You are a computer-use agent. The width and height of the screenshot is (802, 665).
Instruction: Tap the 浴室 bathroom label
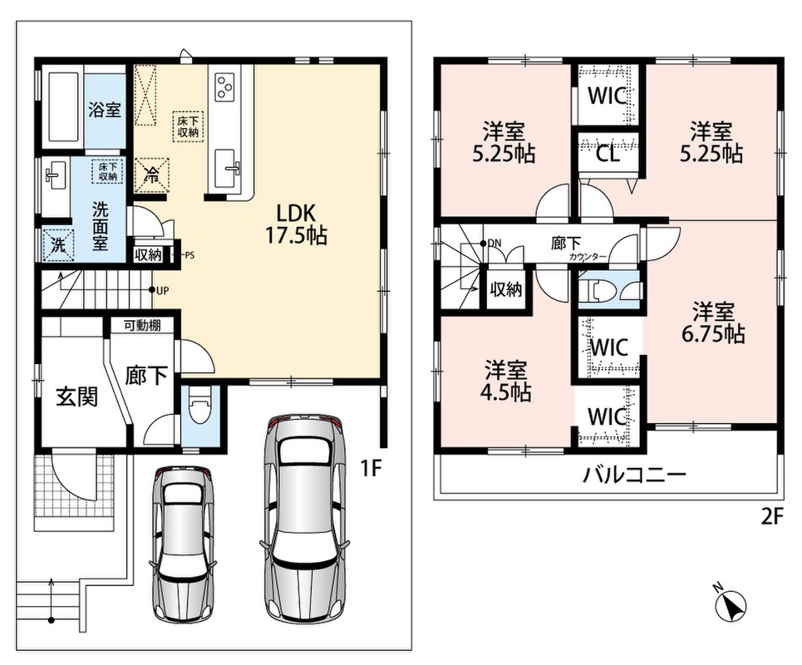pyautogui.click(x=105, y=110)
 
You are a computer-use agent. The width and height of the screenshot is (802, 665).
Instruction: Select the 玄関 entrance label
pyautogui.click(x=77, y=397)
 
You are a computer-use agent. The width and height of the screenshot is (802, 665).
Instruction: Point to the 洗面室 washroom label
pyautogui.click(x=101, y=225)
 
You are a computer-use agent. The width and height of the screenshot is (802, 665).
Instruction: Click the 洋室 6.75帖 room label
pyautogui.click(x=713, y=323)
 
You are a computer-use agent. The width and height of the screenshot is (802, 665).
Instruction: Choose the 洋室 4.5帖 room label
pyautogui.click(x=505, y=381)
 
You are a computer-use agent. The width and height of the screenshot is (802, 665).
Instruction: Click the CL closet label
pyautogui.click(x=608, y=154)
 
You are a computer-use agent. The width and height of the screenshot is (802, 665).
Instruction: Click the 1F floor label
pyautogui.click(x=371, y=468)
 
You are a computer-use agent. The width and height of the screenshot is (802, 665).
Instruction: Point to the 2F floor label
pyautogui.click(x=772, y=517)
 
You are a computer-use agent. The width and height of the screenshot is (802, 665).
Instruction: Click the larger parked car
pyautogui.click(x=305, y=516)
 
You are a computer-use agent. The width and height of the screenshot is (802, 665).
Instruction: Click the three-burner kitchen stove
pyautogui.click(x=225, y=86)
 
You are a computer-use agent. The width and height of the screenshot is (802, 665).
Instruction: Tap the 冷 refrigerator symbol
pyautogui.click(x=152, y=175)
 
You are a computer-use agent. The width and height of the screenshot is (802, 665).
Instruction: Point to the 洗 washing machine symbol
pyautogui.click(x=59, y=245)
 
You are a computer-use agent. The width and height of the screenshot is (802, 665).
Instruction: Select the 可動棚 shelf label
pyautogui.click(x=142, y=325)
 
